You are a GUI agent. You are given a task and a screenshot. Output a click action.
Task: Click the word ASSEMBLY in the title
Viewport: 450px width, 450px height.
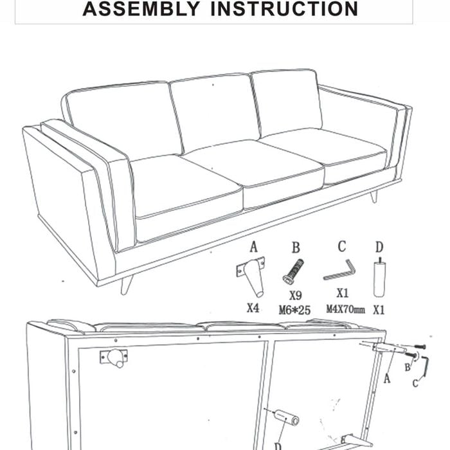[141, 8]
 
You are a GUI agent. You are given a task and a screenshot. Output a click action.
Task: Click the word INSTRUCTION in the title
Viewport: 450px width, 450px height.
[284, 8]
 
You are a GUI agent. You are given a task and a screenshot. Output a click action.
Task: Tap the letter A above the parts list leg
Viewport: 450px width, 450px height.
[253, 247]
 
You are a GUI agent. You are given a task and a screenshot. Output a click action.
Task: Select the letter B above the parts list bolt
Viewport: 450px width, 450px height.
[296, 248]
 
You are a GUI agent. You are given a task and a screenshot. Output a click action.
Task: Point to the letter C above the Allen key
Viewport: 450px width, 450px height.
[342, 246]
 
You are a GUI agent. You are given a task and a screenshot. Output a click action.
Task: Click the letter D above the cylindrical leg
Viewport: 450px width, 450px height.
[379, 247]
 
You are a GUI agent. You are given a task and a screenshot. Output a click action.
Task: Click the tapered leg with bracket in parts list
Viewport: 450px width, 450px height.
[251, 276]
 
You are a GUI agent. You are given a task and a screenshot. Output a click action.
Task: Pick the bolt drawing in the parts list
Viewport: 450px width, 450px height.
[293, 272]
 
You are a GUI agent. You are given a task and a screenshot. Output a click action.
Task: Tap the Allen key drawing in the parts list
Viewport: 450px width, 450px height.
[339, 270]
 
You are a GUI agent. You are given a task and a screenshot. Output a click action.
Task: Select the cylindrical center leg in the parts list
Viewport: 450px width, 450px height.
[379, 278]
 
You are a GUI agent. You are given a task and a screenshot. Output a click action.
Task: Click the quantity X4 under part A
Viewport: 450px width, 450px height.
[253, 309]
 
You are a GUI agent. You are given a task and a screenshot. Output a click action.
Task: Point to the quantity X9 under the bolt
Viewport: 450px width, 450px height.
[295, 295]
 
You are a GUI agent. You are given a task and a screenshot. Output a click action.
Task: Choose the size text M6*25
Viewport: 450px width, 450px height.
[294, 310]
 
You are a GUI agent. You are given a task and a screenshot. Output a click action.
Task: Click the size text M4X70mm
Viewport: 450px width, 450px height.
[346, 309]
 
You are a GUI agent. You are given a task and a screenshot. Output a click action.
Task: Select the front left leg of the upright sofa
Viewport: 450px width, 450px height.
[127, 284]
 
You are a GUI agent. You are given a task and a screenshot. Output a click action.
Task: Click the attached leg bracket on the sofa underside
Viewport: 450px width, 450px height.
[114, 357]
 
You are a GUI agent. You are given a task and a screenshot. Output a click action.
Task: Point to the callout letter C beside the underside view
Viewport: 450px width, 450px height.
[415, 383]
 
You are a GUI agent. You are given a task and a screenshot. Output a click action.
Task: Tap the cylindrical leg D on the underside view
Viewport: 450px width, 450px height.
[287, 418]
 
